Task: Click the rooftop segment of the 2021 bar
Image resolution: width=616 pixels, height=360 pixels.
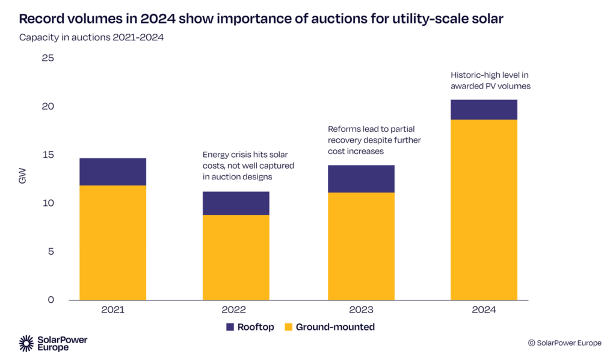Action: pyautogui.click(x=113, y=172)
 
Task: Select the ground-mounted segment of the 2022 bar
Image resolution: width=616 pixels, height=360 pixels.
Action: pyautogui.click(x=236, y=257)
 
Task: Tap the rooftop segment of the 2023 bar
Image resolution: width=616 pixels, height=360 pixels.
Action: pyautogui.click(x=361, y=179)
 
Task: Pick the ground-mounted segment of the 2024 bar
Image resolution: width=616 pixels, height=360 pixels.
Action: pyautogui.click(x=484, y=209)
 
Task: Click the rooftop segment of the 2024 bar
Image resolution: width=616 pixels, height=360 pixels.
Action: pyautogui.click(x=484, y=110)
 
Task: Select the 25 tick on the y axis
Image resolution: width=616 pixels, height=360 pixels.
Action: pyautogui.click(x=48, y=58)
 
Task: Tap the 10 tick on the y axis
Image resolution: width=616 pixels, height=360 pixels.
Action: pyautogui.click(x=48, y=203)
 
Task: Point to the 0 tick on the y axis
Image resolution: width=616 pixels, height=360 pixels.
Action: pyautogui.click(x=51, y=300)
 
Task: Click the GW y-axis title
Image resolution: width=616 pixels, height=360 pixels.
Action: pyautogui.click(x=23, y=179)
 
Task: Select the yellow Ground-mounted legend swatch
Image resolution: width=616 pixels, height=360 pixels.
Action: pyautogui.click(x=288, y=327)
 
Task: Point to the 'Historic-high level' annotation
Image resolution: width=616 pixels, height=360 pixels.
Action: pyautogui.click(x=490, y=81)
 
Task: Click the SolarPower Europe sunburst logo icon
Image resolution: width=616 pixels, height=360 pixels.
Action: pyautogui.click(x=26, y=343)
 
